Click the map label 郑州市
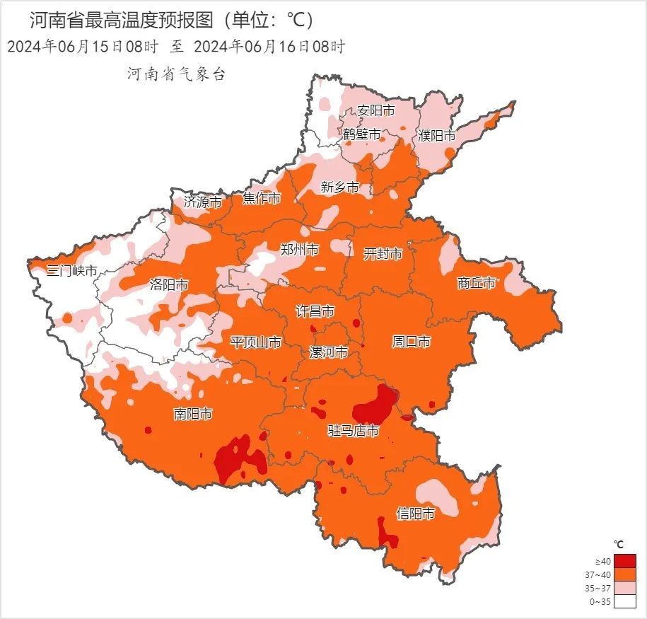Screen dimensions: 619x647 (x=299, y=250)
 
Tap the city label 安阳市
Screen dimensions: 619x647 (x=375, y=110)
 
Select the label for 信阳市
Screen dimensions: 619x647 (x=415, y=514)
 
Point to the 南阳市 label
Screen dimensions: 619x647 (x=192, y=415)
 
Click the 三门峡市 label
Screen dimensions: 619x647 (x=72, y=271)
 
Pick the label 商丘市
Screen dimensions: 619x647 (x=477, y=283)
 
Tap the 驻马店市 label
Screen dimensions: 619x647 (x=353, y=431)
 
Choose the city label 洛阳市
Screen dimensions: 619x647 (x=169, y=285)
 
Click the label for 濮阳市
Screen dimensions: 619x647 (x=436, y=135)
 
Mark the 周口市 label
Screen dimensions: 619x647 (x=411, y=342)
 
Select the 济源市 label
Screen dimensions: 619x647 (x=203, y=201)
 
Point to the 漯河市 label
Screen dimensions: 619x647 (x=329, y=352)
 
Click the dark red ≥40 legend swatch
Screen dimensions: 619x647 (x=624, y=561)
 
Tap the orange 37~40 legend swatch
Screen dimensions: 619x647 (x=624, y=574)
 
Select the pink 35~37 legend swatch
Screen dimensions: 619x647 (x=624, y=588)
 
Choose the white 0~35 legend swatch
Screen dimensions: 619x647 (x=624, y=601)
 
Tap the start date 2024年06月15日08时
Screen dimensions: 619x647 (x=82, y=47)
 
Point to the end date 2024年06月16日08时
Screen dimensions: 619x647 (x=269, y=47)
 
